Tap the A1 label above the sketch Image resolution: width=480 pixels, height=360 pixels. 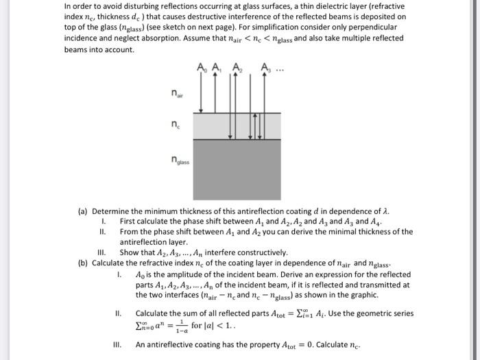pos(215,67)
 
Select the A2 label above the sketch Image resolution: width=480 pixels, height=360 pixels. pos(237,67)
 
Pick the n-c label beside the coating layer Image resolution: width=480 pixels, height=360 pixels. pos(178,125)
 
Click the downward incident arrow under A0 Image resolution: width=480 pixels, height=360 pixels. pos(198,93)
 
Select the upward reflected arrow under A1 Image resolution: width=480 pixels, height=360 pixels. pos(215,93)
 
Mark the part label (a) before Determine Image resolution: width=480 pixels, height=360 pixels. pos(83,212)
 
